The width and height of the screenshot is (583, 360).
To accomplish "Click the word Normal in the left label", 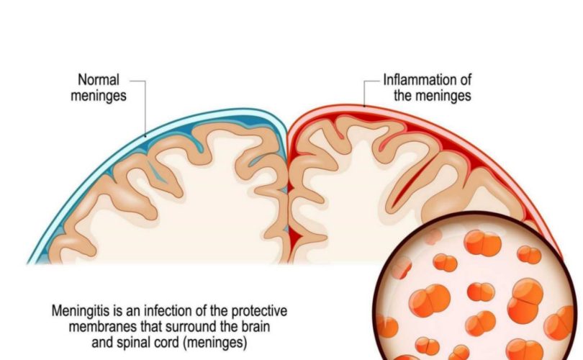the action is point(99,80).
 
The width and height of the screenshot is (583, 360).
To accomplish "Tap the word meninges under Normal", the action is point(99,96).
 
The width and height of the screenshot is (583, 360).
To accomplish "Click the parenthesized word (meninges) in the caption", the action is point(215,343).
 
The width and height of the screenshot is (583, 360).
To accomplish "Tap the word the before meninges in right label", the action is point(403,96).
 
